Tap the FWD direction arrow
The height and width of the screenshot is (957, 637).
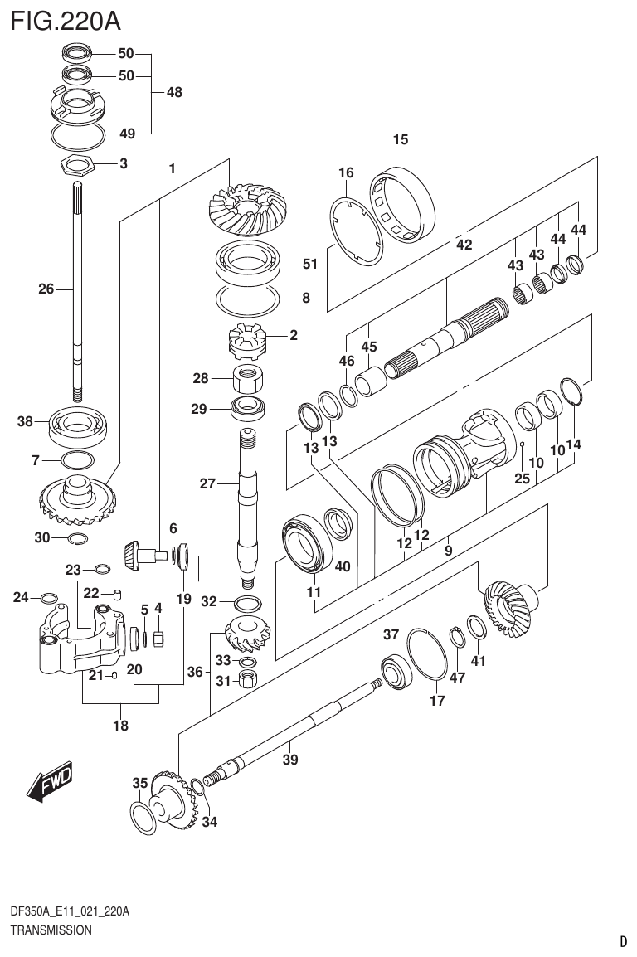pyautogui.click(x=50, y=782)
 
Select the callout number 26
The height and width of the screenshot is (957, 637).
pyautogui.click(x=46, y=289)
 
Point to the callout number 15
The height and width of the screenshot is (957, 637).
pyautogui.click(x=401, y=139)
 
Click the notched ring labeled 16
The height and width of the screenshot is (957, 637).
pyautogui.click(x=357, y=231)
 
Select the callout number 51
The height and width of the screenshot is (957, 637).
pyautogui.click(x=309, y=265)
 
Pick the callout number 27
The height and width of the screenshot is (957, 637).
pyautogui.click(x=207, y=483)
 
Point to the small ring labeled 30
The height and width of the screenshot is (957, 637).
pyautogui.click(x=76, y=539)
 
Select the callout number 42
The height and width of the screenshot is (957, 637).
pyautogui.click(x=464, y=245)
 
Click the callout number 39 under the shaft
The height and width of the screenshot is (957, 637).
pyautogui.click(x=289, y=760)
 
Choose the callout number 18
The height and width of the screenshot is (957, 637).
pyautogui.click(x=120, y=726)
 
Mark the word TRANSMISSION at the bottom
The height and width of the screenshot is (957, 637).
pyautogui.click(x=51, y=930)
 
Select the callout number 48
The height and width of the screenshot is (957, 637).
pyautogui.click(x=173, y=93)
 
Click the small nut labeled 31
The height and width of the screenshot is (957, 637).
pyautogui.click(x=246, y=681)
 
